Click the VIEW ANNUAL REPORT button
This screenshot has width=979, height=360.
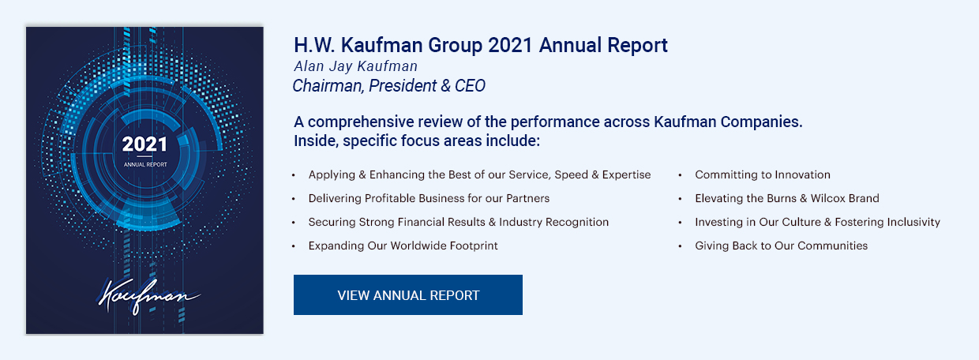tap(407, 295)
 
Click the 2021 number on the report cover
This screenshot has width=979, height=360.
tap(144, 144)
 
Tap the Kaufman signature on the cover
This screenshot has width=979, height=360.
tap(148, 296)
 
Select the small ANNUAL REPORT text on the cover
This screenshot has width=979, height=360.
tap(145, 165)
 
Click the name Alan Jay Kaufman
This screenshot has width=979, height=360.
tap(356, 66)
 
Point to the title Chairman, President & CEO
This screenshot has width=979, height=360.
tap(389, 85)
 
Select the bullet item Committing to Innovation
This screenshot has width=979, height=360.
tap(762, 174)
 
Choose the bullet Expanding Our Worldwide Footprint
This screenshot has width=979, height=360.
tap(403, 246)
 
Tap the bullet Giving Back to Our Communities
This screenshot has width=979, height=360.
tap(781, 246)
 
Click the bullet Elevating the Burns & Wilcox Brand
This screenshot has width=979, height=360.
tap(786, 198)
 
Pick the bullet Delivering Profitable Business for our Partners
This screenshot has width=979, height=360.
tap(429, 198)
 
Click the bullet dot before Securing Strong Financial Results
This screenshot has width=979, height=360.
tap(294, 223)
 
